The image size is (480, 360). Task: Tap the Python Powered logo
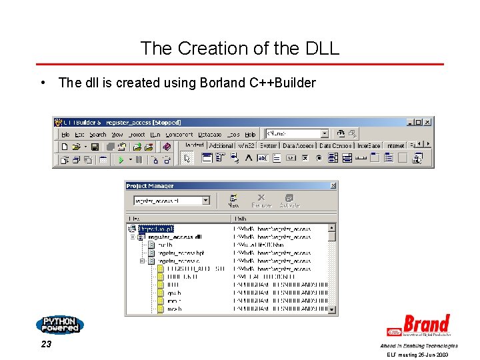60,325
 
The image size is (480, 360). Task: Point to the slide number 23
45,345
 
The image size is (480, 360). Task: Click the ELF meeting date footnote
418,355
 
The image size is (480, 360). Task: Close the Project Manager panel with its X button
333,186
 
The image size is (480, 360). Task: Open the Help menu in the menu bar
250,135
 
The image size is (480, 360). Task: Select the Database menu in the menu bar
210,135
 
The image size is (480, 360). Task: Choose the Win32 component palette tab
246,145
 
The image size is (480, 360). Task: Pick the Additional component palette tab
221,145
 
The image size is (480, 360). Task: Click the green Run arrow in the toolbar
121,159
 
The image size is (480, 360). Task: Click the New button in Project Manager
234,201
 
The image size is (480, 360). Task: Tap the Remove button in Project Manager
261,201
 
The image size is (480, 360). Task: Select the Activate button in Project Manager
289,201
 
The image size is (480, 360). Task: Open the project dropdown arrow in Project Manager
206,200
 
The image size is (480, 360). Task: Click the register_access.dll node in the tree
175,237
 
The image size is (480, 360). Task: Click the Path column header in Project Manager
241,218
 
